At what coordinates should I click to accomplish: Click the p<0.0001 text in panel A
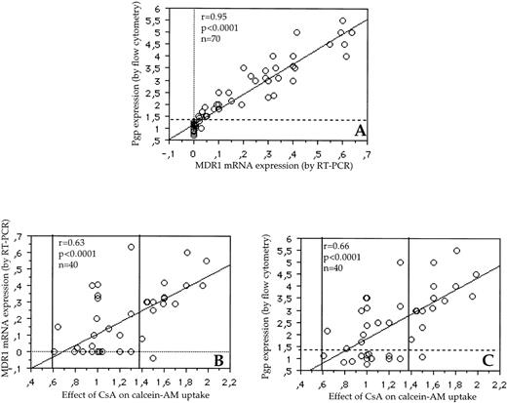point(220,29)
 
